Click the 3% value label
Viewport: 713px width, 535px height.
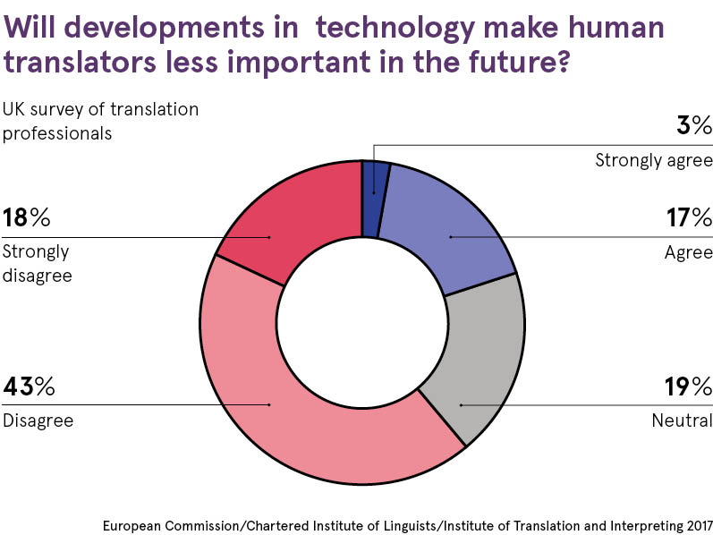point(693,125)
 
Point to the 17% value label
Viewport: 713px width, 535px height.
point(688,217)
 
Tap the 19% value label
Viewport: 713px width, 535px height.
point(688,386)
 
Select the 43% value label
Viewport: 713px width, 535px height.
point(30,386)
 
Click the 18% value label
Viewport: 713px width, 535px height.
point(27,217)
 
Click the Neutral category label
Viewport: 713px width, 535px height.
point(683,420)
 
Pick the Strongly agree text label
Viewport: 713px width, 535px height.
point(654,161)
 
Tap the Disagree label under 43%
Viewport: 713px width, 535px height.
point(38,420)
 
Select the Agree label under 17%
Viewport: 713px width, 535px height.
point(688,252)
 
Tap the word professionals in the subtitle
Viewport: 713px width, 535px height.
point(56,133)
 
